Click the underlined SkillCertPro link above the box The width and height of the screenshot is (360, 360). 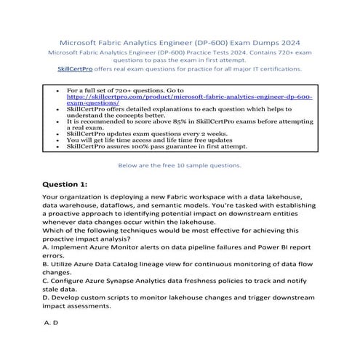coord(74,68)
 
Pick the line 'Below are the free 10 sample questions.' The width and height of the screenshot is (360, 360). coord(179,164)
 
